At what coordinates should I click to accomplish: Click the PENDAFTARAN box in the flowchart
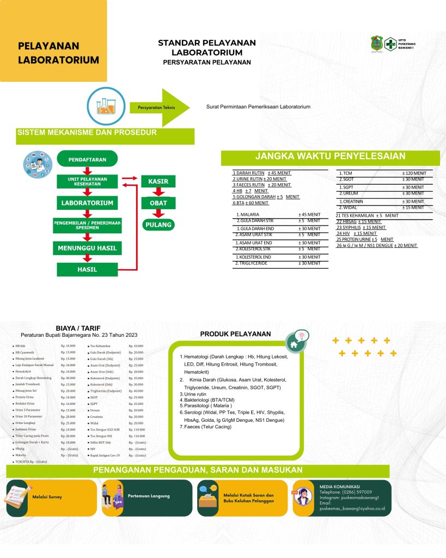click(87, 159)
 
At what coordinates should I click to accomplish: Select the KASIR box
click(158, 181)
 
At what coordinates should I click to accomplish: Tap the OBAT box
click(158, 203)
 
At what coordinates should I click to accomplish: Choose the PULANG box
click(158, 225)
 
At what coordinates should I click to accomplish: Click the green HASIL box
click(87, 269)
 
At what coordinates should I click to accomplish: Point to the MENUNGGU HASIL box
click(87, 248)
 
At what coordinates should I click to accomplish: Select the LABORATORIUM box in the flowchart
click(87, 203)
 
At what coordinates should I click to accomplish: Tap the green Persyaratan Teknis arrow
click(161, 107)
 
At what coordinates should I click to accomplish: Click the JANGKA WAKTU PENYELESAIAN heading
click(331, 156)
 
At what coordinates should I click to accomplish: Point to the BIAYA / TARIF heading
click(78, 328)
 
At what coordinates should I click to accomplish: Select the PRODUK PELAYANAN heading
click(235, 333)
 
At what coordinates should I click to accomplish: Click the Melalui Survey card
click(49, 497)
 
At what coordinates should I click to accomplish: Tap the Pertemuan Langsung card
click(146, 497)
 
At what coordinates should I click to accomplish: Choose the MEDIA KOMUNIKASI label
click(339, 486)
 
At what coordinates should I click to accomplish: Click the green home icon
click(294, 344)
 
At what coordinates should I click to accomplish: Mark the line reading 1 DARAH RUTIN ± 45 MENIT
click(261, 173)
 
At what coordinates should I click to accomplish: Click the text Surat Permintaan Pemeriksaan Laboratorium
click(258, 107)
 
